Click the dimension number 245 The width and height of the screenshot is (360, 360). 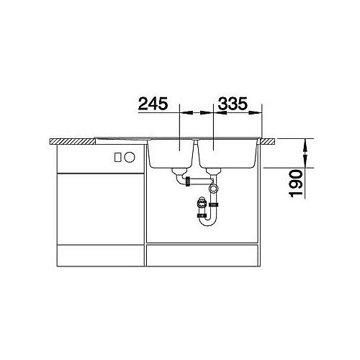click(x=153, y=104)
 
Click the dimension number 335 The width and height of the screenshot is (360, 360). click(x=233, y=104)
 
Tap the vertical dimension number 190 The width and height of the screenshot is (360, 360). click(x=295, y=184)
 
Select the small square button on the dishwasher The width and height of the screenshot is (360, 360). click(x=117, y=158)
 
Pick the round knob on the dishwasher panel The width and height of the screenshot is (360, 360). click(x=130, y=158)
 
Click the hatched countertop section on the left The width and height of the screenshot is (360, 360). click(x=73, y=141)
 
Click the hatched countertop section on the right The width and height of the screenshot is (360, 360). click(x=268, y=142)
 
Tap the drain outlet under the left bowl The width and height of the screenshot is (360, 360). click(x=179, y=171)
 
